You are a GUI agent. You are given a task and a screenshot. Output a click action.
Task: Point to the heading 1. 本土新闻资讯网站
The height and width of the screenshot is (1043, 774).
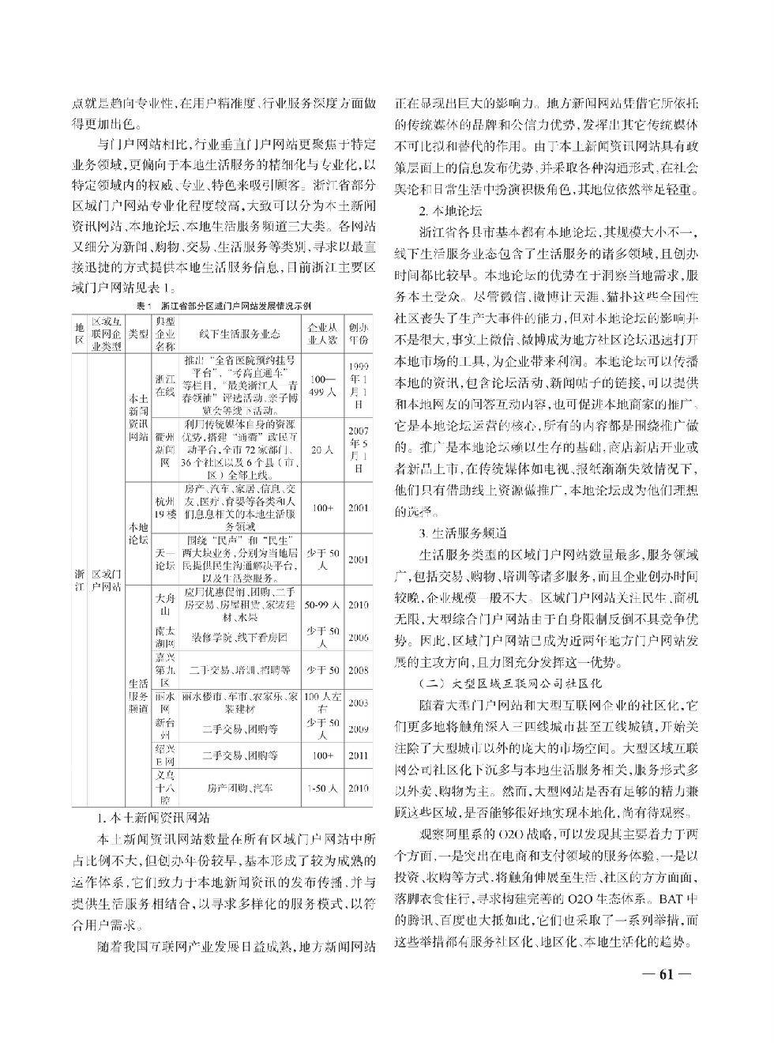coord(152,817)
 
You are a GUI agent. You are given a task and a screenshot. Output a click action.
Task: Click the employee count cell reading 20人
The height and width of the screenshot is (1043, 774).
coord(322,450)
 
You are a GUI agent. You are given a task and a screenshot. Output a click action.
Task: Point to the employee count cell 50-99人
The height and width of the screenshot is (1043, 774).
coord(322,605)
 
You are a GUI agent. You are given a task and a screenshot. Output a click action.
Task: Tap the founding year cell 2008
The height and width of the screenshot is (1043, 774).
coord(358,670)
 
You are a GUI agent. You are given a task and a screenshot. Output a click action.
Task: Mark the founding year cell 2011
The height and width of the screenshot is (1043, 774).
coord(358,755)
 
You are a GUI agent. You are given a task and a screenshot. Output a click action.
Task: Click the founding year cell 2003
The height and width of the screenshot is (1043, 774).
coord(358,702)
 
